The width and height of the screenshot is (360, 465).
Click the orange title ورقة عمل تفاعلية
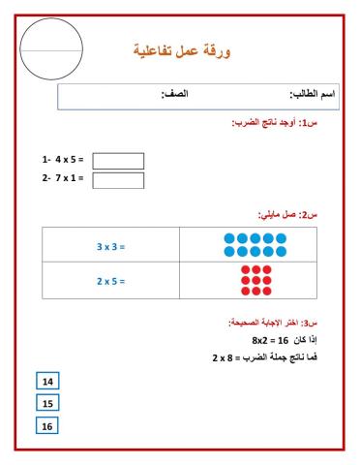pos(189,49)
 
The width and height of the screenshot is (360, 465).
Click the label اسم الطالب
pos(316,95)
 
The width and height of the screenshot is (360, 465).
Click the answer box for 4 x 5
pos(118,161)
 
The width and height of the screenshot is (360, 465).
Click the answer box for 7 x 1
pos(118,179)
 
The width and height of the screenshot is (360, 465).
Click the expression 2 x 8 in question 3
pos(226,357)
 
